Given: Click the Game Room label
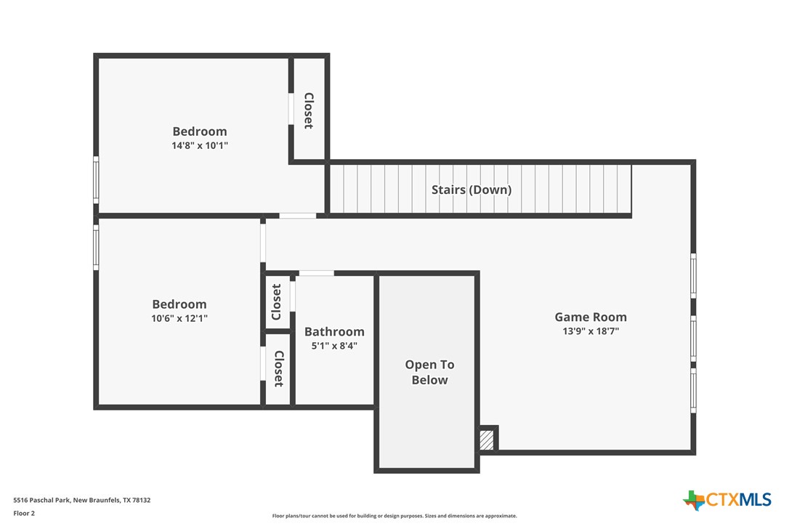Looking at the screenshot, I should [x=590, y=317].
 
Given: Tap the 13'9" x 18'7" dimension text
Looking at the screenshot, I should [x=590, y=331].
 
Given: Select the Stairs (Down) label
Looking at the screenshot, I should [x=472, y=190].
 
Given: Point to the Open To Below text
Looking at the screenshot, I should [x=429, y=372].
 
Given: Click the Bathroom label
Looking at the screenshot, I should [x=334, y=331].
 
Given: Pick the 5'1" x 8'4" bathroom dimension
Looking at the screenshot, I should [x=334, y=346].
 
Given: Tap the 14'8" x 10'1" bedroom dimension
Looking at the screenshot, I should [x=200, y=145].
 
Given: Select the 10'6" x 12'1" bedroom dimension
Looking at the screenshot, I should [x=179, y=318].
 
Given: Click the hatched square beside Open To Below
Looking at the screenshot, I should [x=487, y=440].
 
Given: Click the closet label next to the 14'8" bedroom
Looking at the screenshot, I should [x=309, y=110].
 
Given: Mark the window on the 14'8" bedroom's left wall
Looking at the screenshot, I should [x=96, y=179].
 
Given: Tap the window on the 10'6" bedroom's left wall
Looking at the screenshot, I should [x=96, y=247].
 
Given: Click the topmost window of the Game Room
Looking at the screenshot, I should [x=693, y=275].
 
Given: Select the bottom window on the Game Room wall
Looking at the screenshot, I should [x=693, y=391].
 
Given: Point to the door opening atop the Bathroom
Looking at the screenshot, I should [x=316, y=273].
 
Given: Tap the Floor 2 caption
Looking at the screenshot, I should [x=24, y=513].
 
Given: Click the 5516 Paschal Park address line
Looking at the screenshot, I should [x=81, y=500].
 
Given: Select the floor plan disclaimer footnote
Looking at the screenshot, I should [x=394, y=516].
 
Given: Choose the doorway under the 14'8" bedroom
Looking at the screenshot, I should [x=298, y=216].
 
